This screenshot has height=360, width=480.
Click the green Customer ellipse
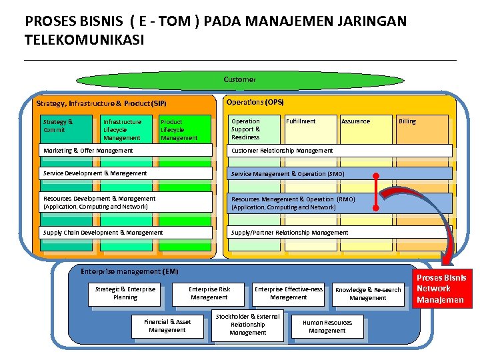[240, 80]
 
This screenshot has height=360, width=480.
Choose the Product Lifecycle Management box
[181, 129]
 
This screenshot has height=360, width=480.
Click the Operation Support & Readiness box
[253, 129]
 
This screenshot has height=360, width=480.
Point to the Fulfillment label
[301, 121]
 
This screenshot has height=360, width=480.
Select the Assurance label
[355, 121]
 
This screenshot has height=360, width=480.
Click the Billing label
[407, 121]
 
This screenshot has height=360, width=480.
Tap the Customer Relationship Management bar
[340, 151]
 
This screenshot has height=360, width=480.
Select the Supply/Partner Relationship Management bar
[340, 233]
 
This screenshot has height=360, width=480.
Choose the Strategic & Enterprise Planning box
[125, 293]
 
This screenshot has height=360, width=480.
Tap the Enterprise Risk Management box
[209, 293]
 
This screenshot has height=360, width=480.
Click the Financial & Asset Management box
[167, 326]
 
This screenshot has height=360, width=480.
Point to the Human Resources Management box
[327, 326]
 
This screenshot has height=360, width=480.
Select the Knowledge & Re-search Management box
[368, 294]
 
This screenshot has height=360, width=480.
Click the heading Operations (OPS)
[255, 102]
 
